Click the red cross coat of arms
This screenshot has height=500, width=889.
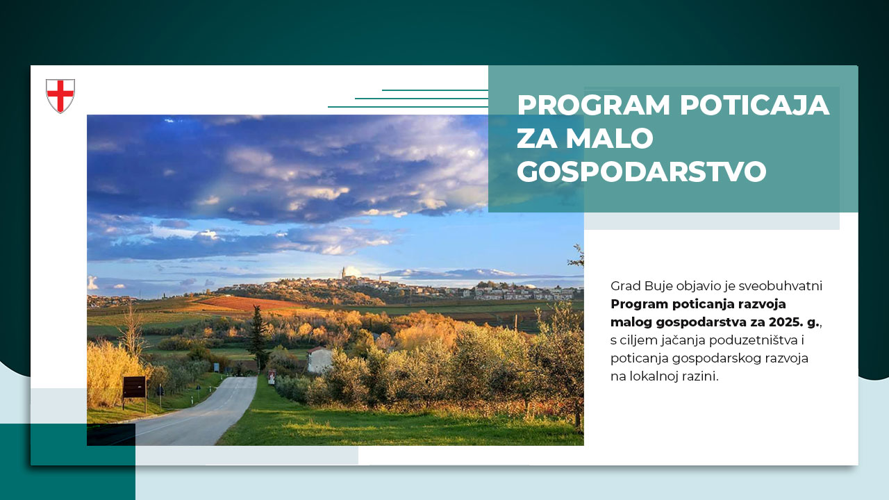coord(60,96)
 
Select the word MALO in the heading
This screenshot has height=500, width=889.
coord(609,138)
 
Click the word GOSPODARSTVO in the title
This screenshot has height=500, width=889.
coord(641,172)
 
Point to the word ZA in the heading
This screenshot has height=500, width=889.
coord(535,138)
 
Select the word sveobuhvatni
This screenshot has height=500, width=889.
coord(781,286)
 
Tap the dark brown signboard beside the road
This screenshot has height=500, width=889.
coord(134,386)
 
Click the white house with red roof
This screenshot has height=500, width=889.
coord(319,359)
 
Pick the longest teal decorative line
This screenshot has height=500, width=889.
coord(408,107)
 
